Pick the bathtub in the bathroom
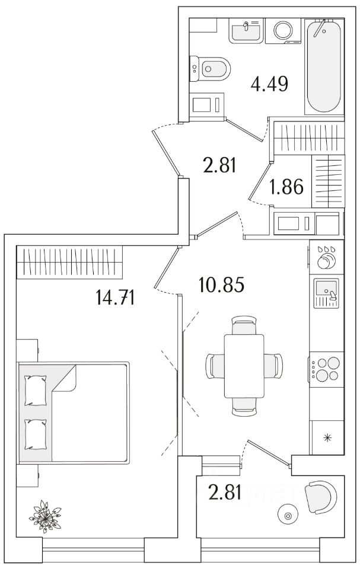[x=324, y=66]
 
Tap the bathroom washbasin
[x=246, y=30]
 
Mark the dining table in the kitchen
[x=244, y=366]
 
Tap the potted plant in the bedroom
[x=45, y=515]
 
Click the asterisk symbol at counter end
[x=326, y=440]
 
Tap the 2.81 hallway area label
[x=219, y=164]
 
